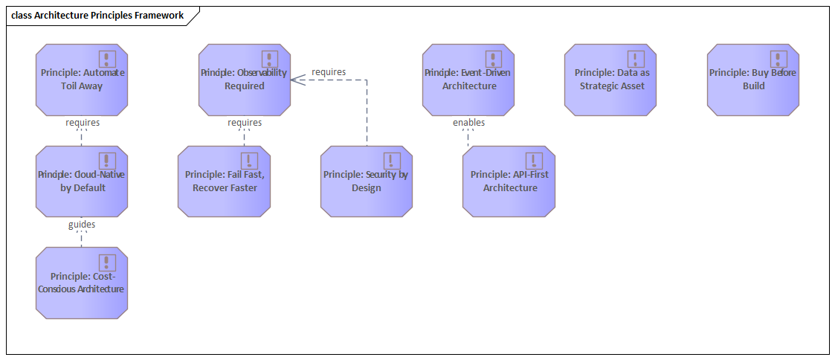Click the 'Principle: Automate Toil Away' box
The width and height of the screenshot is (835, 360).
click(82, 80)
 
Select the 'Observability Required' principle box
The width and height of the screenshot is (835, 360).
click(245, 80)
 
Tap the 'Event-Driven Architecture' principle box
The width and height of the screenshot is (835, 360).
click(468, 80)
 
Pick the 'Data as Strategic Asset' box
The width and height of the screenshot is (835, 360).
click(610, 80)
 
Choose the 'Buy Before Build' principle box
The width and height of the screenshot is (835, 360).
click(752, 80)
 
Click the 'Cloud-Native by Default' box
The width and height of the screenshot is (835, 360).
click(82, 181)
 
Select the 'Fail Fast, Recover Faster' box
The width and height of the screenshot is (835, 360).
click(225, 181)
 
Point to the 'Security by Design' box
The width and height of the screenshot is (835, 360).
click(367, 181)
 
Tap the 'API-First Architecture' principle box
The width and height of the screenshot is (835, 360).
click(509, 181)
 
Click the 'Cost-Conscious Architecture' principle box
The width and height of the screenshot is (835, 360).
click(82, 283)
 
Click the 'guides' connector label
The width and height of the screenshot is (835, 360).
click(82, 224)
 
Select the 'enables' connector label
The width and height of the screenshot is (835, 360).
click(468, 122)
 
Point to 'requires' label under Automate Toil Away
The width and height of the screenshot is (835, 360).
click(83, 122)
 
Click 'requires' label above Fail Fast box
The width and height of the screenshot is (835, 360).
click(245, 122)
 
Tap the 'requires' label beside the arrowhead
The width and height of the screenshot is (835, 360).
click(329, 72)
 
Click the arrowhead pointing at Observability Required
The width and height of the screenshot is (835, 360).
click(294, 80)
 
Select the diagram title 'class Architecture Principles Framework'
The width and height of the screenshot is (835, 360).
click(97, 15)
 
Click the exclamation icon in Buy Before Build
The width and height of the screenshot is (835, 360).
click(778, 59)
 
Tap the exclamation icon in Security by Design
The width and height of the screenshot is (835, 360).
click(392, 161)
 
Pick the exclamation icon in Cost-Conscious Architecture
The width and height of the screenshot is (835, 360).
click(108, 263)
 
